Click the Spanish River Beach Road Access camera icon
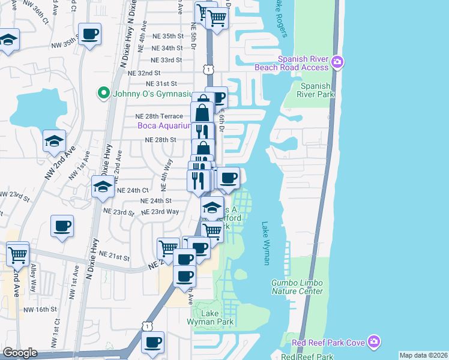point(337,62)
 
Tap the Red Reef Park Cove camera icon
point(375,342)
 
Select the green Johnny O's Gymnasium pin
point(103,93)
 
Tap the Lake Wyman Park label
point(210,318)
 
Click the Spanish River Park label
point(316,90)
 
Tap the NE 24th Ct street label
point(133,190)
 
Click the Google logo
point(20,353)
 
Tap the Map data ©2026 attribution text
point(424,355)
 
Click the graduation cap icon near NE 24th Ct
point(103,187)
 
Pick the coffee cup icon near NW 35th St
point(89,34)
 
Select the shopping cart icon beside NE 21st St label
point(168,248)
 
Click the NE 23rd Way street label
point(160,212)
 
